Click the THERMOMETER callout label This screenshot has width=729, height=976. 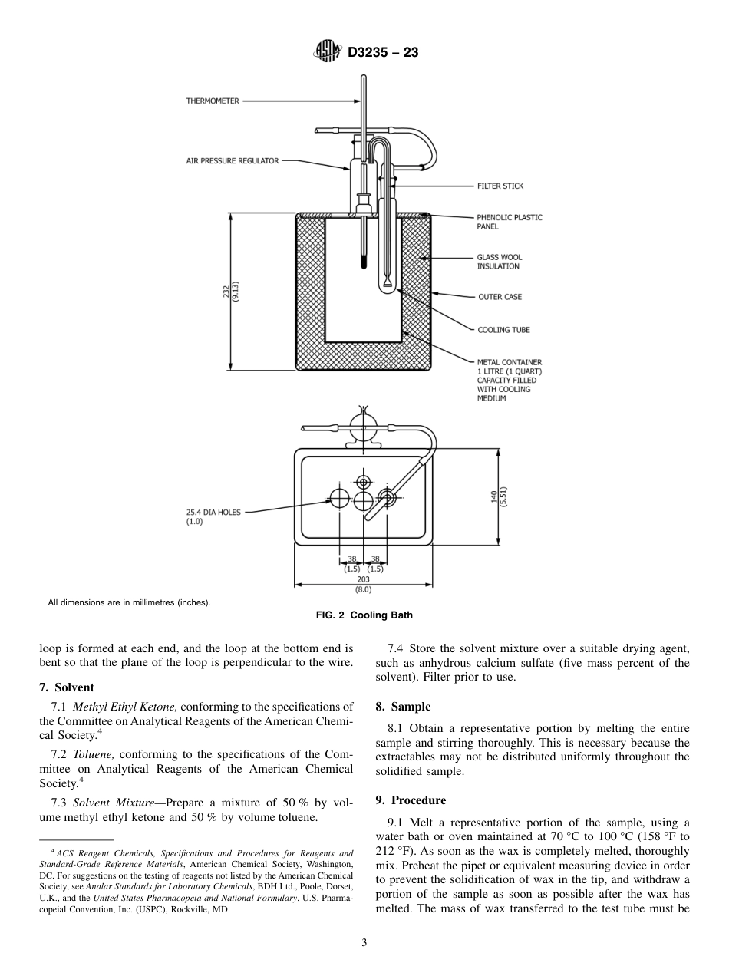click(213, 101)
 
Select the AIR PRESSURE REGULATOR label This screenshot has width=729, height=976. click(233, 161)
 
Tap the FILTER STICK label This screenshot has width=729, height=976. click(500, 186)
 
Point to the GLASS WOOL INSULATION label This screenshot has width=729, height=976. click(500, 262)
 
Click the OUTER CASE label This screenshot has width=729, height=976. click(500, 296)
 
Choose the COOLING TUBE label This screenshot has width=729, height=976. click(503, 330)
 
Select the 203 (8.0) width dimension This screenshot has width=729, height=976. click(363, 585)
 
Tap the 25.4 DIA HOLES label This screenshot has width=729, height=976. click(213, 516)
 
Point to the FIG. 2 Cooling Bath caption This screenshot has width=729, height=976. click(364, 615)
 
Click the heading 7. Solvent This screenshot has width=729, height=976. click(66, 687)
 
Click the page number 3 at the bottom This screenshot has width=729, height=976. click(364, 943)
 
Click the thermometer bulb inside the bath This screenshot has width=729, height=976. click(363, 263)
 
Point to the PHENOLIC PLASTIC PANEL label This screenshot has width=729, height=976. click(509, 222)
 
